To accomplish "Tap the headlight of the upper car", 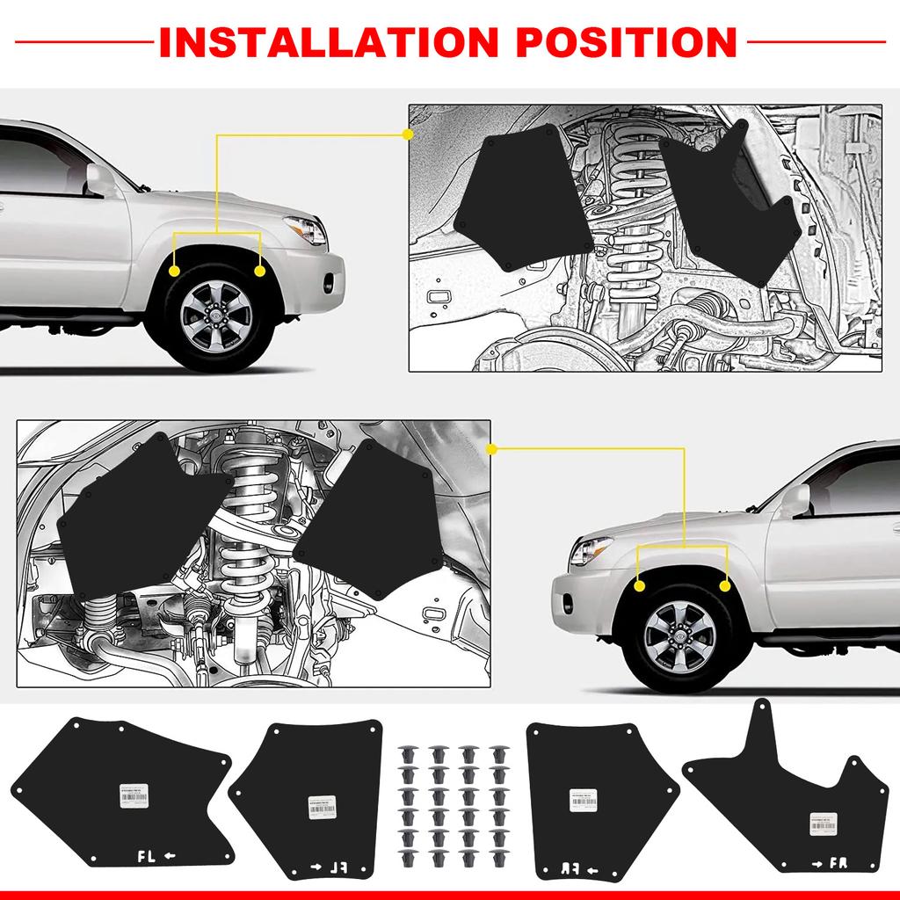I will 308,230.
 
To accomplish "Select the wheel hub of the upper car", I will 216,315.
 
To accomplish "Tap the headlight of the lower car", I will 591,551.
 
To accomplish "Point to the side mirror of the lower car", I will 795,501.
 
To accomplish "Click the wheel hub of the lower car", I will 680,635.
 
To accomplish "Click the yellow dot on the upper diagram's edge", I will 407,134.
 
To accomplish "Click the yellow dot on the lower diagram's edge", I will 491,449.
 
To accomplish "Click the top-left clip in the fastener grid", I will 407,755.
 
